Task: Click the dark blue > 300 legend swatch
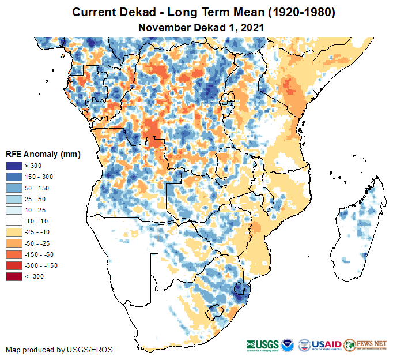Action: coord(14,166)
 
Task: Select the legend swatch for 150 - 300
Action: coord(14,177)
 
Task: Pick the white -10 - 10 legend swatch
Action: coord(14,221)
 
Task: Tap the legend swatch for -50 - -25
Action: coord(14,243)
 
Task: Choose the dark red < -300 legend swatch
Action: coord(14,276)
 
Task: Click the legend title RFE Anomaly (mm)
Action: coord(43,155)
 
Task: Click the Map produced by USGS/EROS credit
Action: coord(59,350)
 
